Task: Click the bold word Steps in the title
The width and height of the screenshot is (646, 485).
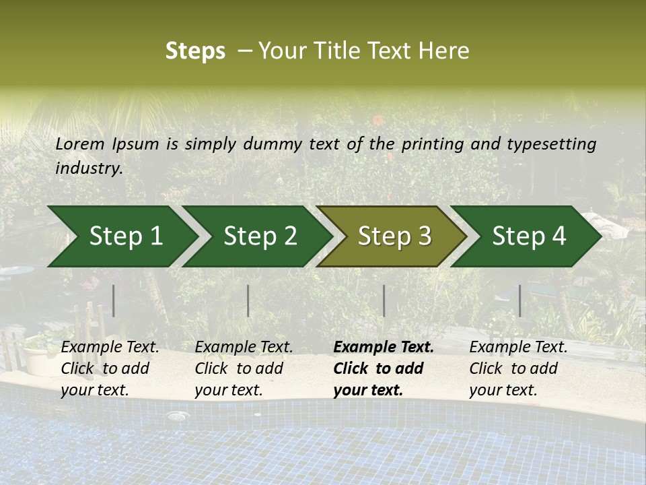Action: [195, 51]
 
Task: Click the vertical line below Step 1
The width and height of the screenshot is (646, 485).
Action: [114, 300]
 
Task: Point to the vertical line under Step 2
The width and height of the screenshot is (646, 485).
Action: [248, 300]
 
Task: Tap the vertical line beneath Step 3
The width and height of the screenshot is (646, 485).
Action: [384, 300]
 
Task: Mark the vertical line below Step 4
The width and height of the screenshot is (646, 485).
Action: [519, 300]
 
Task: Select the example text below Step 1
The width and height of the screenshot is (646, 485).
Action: [110, 368]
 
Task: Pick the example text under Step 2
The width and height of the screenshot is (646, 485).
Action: [244, 368]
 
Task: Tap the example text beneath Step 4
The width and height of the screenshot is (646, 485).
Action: [518, 368]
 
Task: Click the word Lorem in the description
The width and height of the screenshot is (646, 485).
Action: [80, 143]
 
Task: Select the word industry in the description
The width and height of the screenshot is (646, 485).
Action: [89, 168]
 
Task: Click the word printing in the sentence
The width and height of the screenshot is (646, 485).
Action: [433, 144]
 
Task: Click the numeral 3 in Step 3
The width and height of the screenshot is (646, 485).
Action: [423, 236]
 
